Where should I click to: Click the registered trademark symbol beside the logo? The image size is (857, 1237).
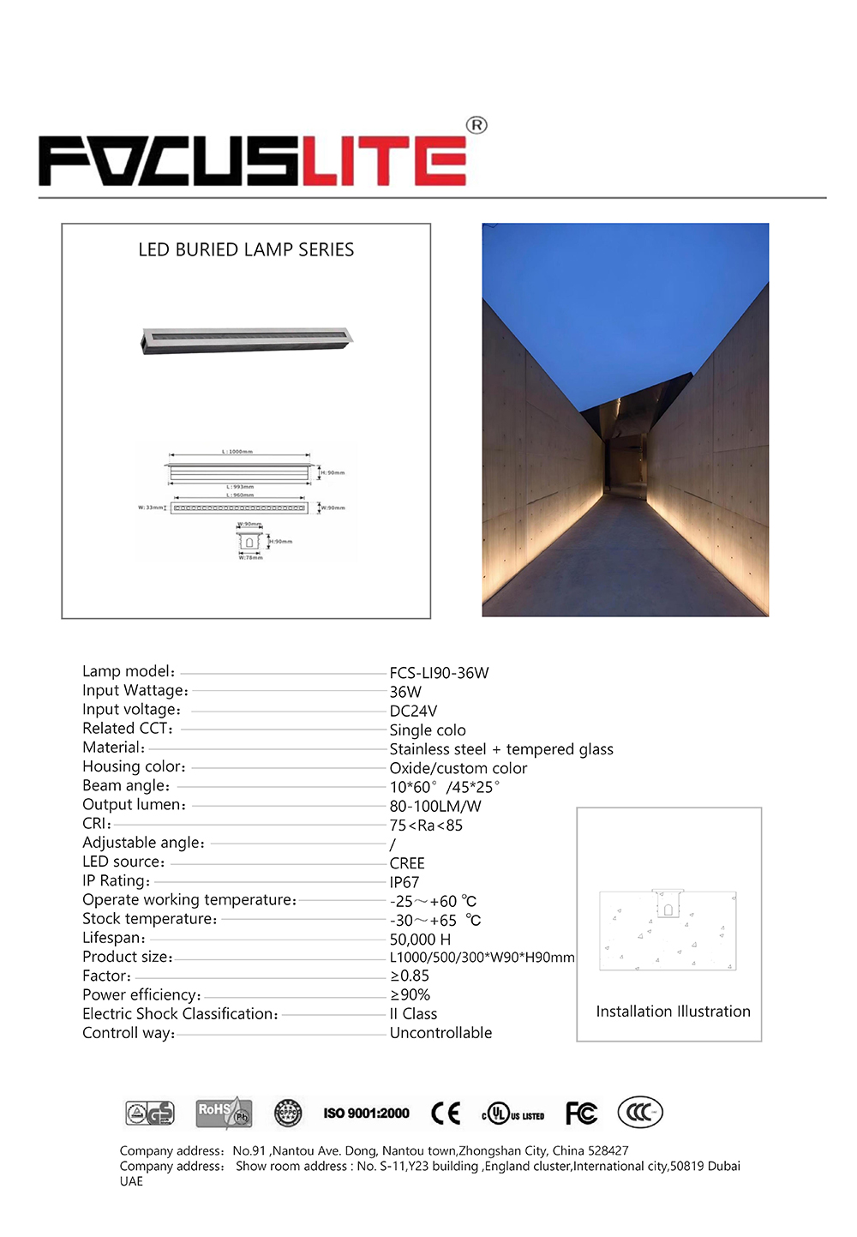coord(476,125)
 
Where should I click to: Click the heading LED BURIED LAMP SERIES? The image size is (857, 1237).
coord(246,249)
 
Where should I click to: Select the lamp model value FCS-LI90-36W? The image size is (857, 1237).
coord(439,673)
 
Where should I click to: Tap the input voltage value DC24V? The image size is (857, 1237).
coord(413,711)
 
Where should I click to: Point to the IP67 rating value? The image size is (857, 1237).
coord(405,882)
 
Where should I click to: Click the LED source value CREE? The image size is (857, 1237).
coord(407,863)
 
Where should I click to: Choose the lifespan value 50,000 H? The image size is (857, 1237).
coord(420,940)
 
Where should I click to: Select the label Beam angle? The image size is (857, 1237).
coord(126,786)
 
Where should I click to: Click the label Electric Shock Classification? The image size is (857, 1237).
coord(180,1014)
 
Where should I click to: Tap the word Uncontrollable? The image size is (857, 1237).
coord(440,1033)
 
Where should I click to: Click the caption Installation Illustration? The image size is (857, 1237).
coord(673,1012)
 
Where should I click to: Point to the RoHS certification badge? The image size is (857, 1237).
coord(223,1113)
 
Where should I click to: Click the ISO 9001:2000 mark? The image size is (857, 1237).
coord(366,1114)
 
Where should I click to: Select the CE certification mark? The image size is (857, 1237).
coord(446,1114)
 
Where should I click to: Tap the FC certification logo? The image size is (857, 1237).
coord(581,1114)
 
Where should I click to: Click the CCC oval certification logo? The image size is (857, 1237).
coord(639,1113)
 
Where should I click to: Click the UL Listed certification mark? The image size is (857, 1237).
coord(513,1114)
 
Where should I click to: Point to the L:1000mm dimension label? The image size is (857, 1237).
coord(237,452)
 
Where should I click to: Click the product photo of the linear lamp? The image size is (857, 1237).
coord(247,339)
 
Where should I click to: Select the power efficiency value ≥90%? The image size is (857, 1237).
coord(410,995)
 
